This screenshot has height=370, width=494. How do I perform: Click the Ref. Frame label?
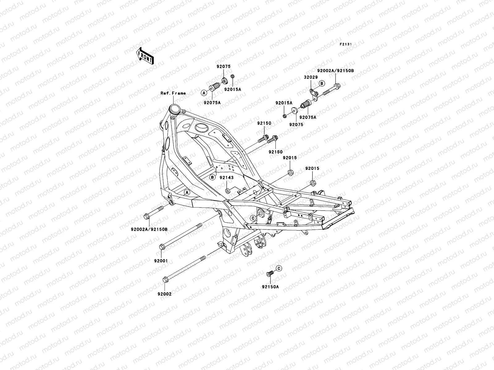coord(173,93)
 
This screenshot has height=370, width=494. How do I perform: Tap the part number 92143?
coord(227,178)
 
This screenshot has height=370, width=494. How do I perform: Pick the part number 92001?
coord(161,261)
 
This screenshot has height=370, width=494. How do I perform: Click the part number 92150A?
coord(270,286)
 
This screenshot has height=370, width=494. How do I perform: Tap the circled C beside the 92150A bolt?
coord(278,269)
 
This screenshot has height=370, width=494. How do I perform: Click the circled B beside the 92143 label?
coord(212,177)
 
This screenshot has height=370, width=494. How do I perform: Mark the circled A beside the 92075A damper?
coord(204,92)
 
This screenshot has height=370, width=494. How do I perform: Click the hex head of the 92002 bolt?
coord(165,280)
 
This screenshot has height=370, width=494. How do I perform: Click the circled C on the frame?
coord(253,218)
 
